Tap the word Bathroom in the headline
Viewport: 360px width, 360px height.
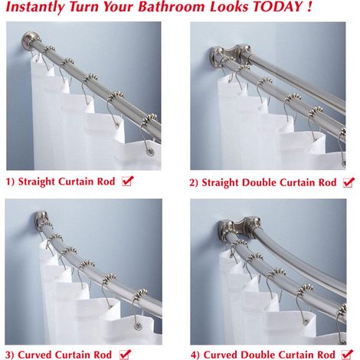point(172,6)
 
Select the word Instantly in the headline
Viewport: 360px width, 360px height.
point(34,7)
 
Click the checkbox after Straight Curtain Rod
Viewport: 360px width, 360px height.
point(127,181)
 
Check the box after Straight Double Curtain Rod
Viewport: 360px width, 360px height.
point(349,182)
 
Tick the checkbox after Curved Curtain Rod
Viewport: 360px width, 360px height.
point(125,355)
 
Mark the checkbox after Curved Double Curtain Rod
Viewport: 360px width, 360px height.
point(347,355)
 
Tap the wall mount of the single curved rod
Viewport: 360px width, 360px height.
point(41,221)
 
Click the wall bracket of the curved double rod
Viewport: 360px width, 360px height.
point(239,227)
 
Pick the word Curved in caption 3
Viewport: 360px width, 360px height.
point(34,355)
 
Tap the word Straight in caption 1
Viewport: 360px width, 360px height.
point(37,182)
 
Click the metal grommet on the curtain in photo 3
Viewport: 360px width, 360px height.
point(138,326)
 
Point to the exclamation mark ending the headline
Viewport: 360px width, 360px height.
point(309,6)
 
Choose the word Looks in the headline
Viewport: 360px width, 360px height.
point(229,6)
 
